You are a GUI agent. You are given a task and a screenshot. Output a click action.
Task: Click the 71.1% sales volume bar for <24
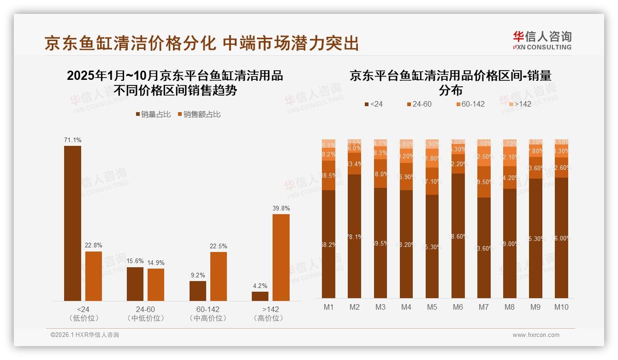[x=72, y=223]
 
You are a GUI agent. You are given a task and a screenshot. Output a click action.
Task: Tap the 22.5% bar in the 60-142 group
[x=219, y=276]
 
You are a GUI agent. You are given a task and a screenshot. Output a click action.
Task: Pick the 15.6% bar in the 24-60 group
[x=135, y=284]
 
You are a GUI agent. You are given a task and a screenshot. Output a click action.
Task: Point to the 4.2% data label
[x=260, y=286]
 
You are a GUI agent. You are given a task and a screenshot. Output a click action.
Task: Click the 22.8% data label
[x=93, y=245]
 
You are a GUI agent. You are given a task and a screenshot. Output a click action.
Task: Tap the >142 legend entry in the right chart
[x=519, y=104]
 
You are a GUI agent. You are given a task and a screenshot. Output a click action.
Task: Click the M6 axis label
[x=458, y=307]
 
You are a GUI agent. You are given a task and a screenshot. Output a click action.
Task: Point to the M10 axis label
[x=561, y=307]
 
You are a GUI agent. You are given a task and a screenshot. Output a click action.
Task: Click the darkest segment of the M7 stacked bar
[x=484, y=248]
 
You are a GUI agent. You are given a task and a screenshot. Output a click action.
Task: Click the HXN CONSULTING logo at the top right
[x=542, y=41]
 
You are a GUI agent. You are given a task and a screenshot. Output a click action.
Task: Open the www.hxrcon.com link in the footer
[x=536, y=335]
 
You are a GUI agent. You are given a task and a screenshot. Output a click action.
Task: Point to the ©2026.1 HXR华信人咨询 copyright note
[x=84, y=335]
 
